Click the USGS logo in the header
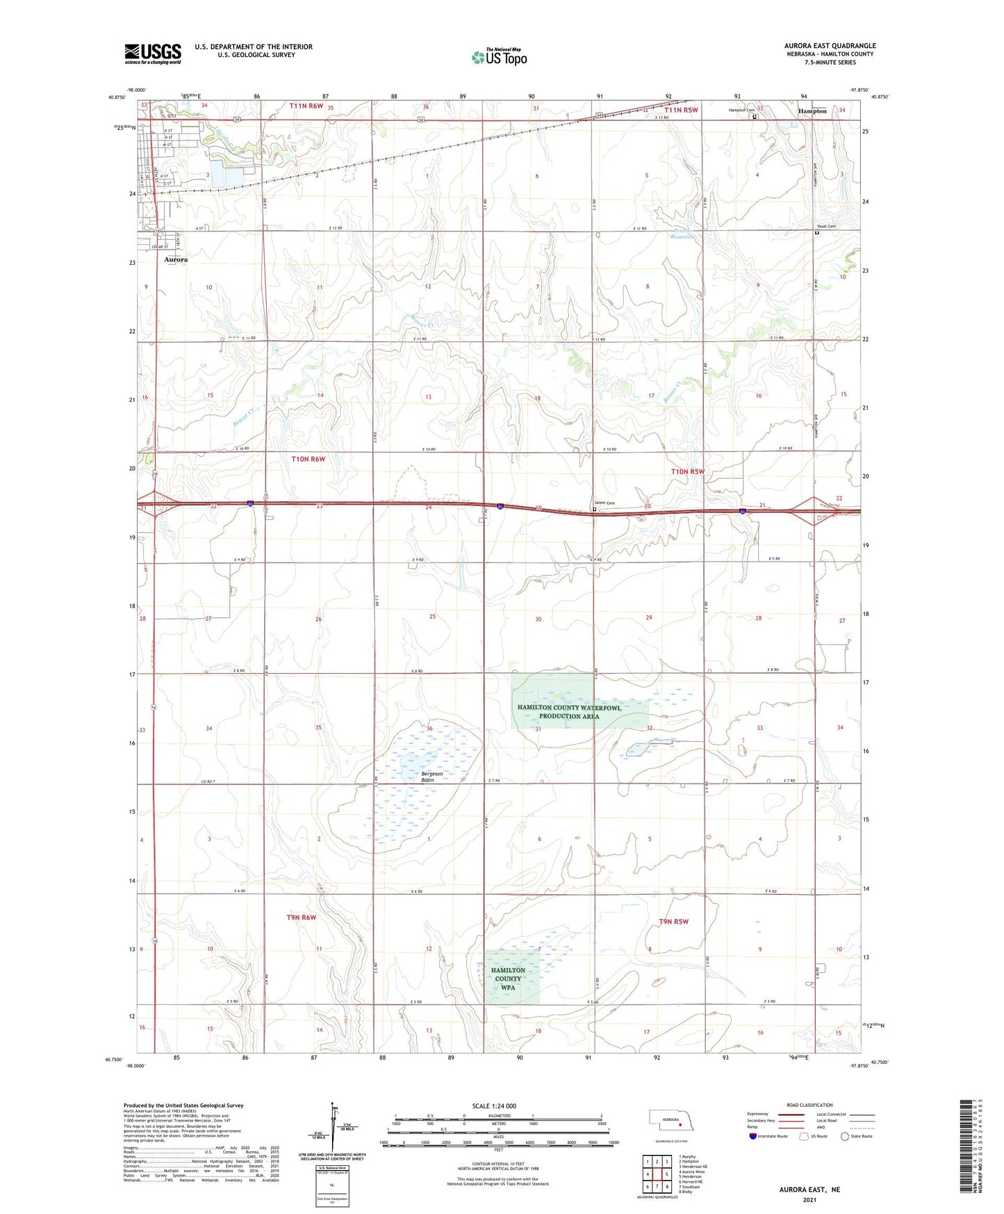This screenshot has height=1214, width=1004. point(153,54)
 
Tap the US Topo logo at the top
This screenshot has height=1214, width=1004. point(499,57)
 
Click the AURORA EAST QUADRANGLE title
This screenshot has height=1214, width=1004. point(830,46)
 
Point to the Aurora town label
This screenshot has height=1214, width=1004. point(176,259)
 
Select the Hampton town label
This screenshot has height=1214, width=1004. point(812,111)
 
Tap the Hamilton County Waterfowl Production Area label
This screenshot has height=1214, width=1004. point(569,712)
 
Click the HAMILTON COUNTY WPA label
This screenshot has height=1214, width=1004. point(508,978)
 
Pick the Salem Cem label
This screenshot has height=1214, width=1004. point(604,503)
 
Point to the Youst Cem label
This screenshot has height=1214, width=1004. point(826,227)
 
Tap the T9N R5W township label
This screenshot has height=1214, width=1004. point(673,921)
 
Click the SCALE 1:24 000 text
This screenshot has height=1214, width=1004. point(494,1106)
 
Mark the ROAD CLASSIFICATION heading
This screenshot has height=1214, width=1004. point(809,1105)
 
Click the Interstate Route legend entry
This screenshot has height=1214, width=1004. point(768,1136)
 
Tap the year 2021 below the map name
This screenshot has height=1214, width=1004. point(809,1199)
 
